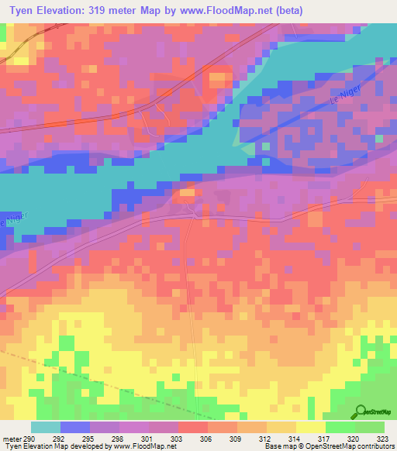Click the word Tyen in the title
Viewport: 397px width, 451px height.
[22, 11]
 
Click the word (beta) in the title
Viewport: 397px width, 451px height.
[286, 11]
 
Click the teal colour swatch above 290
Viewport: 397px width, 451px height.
[45, 427]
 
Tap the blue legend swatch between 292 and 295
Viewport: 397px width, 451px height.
[75, 427]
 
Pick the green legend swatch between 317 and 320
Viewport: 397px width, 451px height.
[340, 427]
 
